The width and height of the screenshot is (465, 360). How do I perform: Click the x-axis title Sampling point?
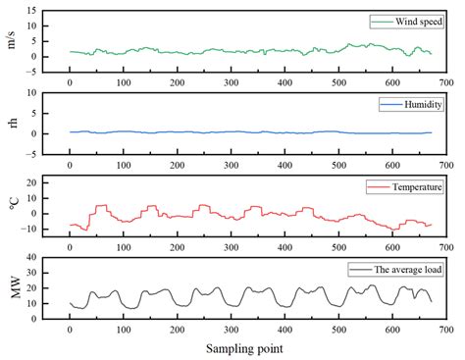[x=245, y=348]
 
